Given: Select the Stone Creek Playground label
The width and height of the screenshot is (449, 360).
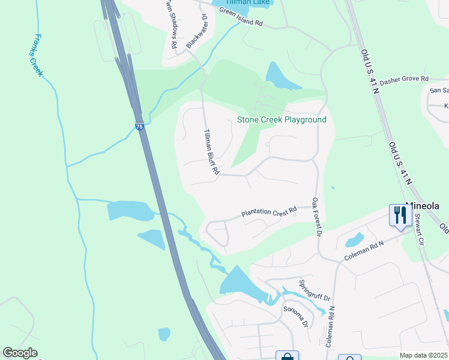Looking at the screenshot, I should pyautogui.click(x=282, y=119).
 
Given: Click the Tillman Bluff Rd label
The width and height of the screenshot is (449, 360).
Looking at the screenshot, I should pyautogui.click(x=210, y=152).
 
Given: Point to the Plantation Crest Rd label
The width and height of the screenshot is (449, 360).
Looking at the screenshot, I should pyautogui.click(x=269, y=212).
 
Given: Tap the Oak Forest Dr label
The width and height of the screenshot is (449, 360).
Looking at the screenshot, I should pyautogui.click(x=316, y=216).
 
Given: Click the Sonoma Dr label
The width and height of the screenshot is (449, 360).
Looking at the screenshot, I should pyautogui.click(x=296, y=316).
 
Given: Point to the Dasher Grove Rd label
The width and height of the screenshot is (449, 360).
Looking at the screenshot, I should pyautogui.click(x=403, y=79).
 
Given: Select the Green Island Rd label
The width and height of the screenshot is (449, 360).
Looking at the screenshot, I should pyautogui.click(x=241, y=19).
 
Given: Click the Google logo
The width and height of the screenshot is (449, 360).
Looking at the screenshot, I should pyautogui.click(x=20, y=353).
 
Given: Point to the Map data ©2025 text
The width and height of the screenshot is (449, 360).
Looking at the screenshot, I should pyautogui.click(x=423, y=355).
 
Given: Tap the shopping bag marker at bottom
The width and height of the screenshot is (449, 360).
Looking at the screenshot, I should pyautogui.click(x=287, y=356).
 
